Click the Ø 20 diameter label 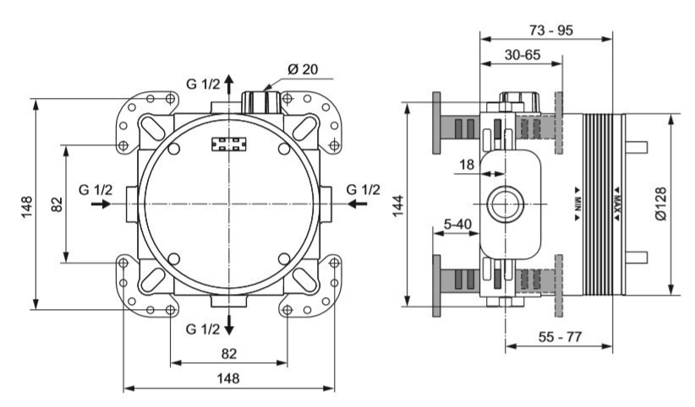pos(302,69)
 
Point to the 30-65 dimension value pos(523,53)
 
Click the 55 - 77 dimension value pos(561,337)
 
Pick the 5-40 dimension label pos(457,224)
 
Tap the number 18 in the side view pos(466,166)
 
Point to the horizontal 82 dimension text pos(229,352)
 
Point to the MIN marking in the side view pos(577,203)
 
